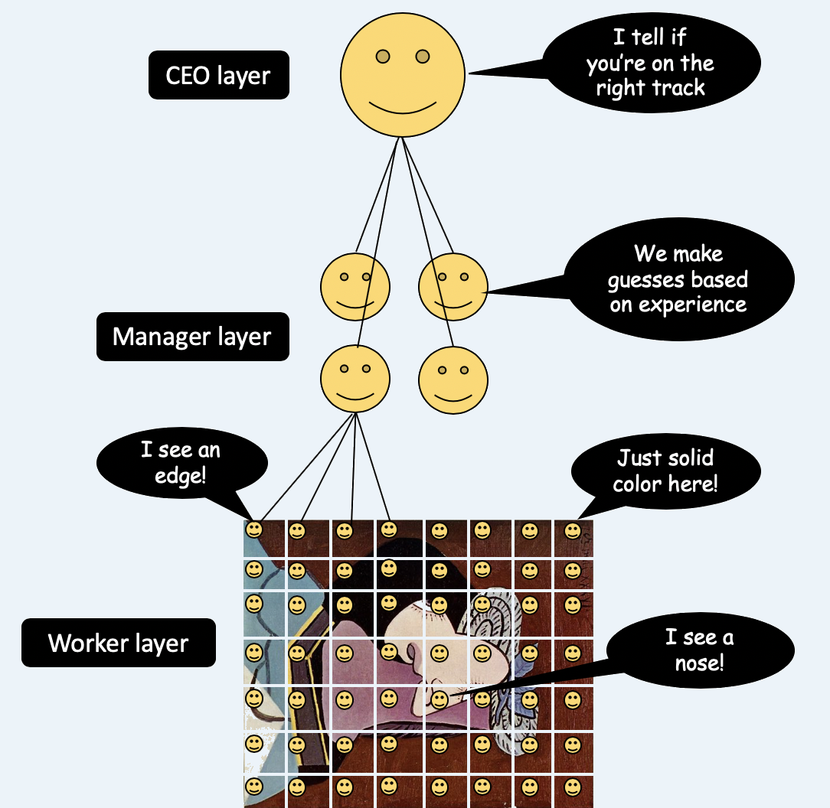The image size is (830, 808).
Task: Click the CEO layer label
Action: tap(219, 75)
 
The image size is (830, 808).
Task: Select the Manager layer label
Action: tap(193, 337)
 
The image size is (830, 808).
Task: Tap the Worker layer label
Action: tap(119, 643)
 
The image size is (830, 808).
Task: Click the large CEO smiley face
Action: tap(403, 75)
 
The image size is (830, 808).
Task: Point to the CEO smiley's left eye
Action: tap(383, 56)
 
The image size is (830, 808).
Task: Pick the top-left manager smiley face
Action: tap(355, 287)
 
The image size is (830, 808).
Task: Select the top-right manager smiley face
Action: tap(453, 287)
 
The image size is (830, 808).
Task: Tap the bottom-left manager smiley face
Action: tap(355, 379)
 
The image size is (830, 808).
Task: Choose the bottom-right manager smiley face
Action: tap(453, 380)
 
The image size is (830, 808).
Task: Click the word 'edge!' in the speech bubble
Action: tap(180, 476)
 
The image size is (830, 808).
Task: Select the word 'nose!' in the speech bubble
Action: tap(699, 663)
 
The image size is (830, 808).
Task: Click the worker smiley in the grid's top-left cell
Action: tap(254, 529)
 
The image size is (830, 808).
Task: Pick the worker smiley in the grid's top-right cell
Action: tap(572, 531)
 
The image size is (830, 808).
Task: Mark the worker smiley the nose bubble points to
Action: tap(440, 699)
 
